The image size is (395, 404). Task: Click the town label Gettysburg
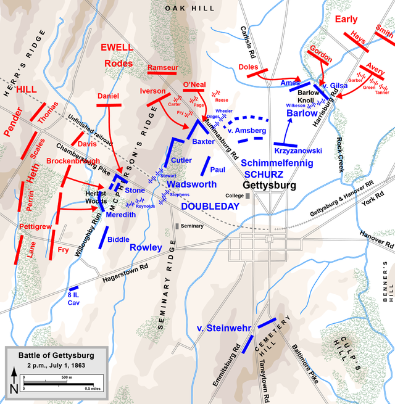click(269, 186)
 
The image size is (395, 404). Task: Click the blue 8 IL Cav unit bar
click(74, 288)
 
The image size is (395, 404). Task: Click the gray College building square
click(248, 196)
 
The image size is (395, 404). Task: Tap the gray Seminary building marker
click(177, 226)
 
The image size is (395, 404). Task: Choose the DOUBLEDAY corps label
click(210, 207)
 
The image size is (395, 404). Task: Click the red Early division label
click(346, 19)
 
